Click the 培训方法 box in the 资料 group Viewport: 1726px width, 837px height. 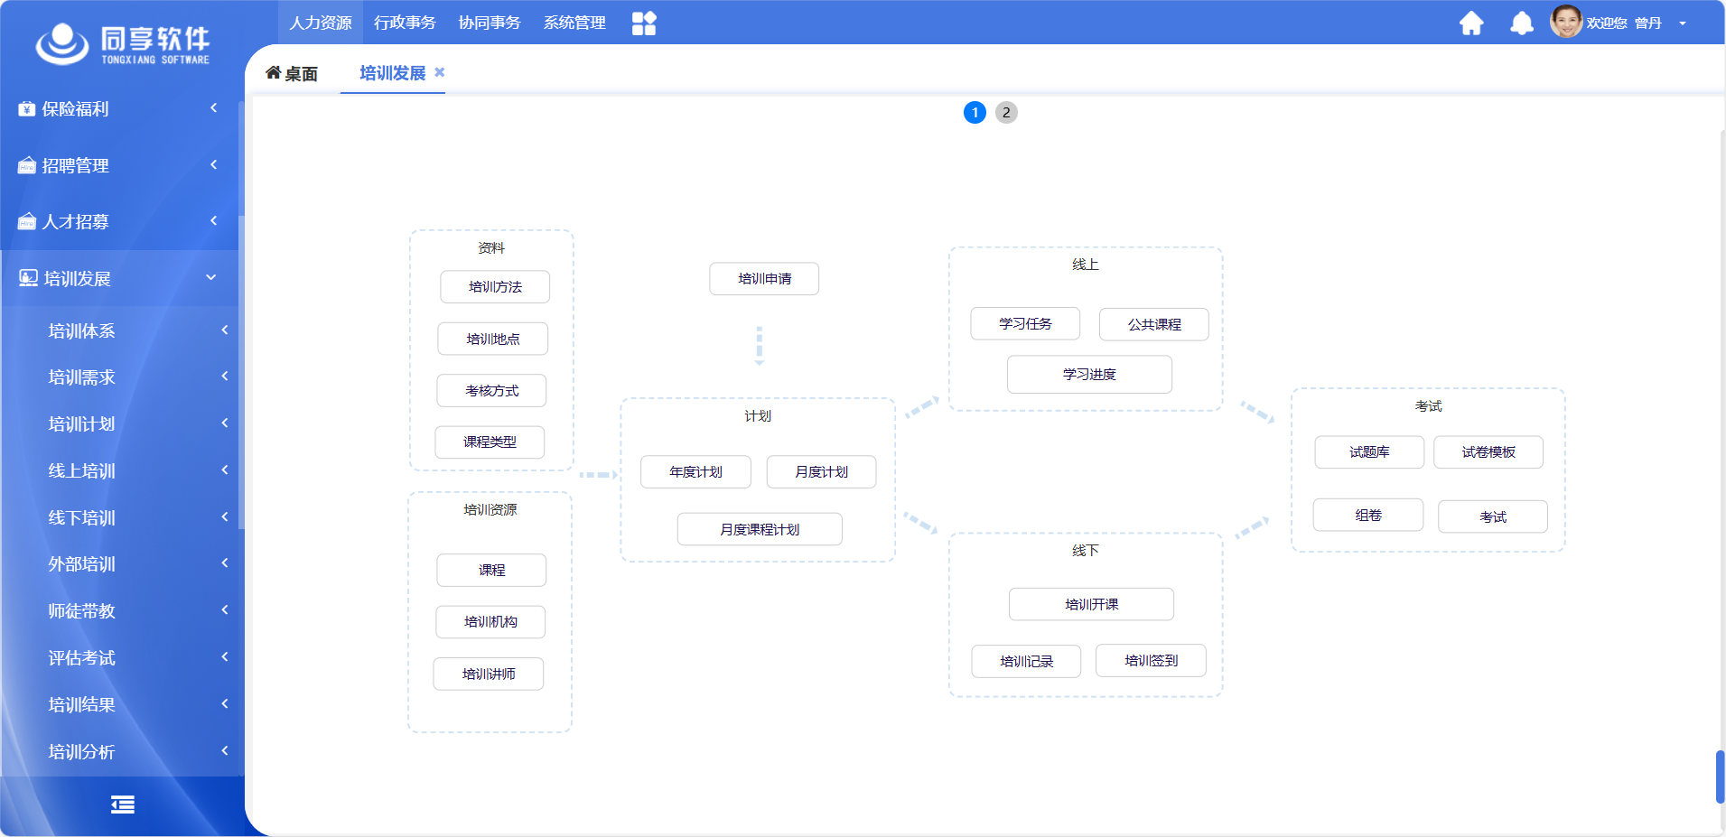tap(495, 287)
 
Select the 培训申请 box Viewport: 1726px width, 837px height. tap(764, 279)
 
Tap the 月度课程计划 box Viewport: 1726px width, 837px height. tap(760, 529)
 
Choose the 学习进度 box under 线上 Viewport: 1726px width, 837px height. tap(1089, 375)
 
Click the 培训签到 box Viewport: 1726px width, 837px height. tap(1151, 661)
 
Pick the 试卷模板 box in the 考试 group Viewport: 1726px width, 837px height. tap(1488, 452)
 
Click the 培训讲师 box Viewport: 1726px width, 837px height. tap(489, 674)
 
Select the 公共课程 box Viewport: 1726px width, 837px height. tap(1154, 325)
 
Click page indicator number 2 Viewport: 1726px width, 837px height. tap(1006, 113)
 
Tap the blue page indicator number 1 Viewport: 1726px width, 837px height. tap(975, 113)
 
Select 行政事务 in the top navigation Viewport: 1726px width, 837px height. tap(405, 23)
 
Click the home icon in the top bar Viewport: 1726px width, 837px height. tap(1471, 23)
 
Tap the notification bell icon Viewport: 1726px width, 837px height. tap(1522, 23)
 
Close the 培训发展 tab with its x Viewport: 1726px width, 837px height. tap(440, 72)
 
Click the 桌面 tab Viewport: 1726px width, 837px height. tap(292, 73)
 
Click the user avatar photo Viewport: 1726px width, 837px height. tap(1566, 22)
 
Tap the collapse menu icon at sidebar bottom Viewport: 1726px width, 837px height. tap(123, 804)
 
